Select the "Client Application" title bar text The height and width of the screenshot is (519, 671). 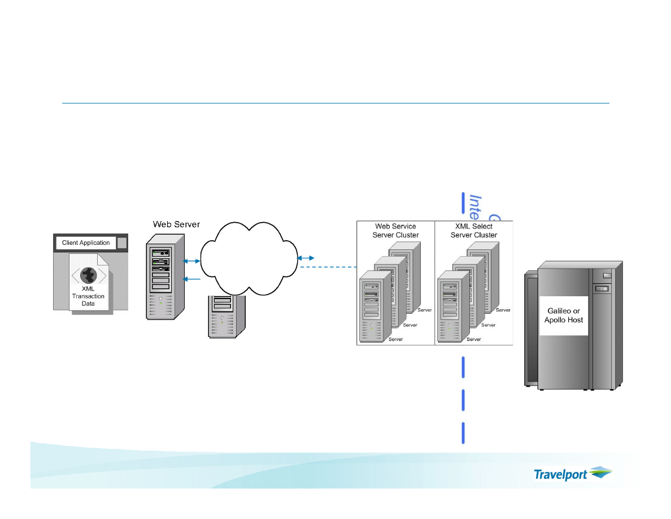coord(86,243)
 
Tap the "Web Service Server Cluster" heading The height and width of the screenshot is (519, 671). coord(395,231)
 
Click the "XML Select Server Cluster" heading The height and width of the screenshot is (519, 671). coord(474,231)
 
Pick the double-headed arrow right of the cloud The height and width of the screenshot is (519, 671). coord(307,258)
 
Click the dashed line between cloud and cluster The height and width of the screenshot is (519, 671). coord(328,266)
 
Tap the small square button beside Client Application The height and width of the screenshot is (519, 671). coord(122,243)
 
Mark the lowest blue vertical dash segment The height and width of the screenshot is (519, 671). coord(464,432)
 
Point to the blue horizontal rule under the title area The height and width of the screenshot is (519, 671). coord(335,103)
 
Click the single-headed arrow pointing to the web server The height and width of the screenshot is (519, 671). coord(192,279)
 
